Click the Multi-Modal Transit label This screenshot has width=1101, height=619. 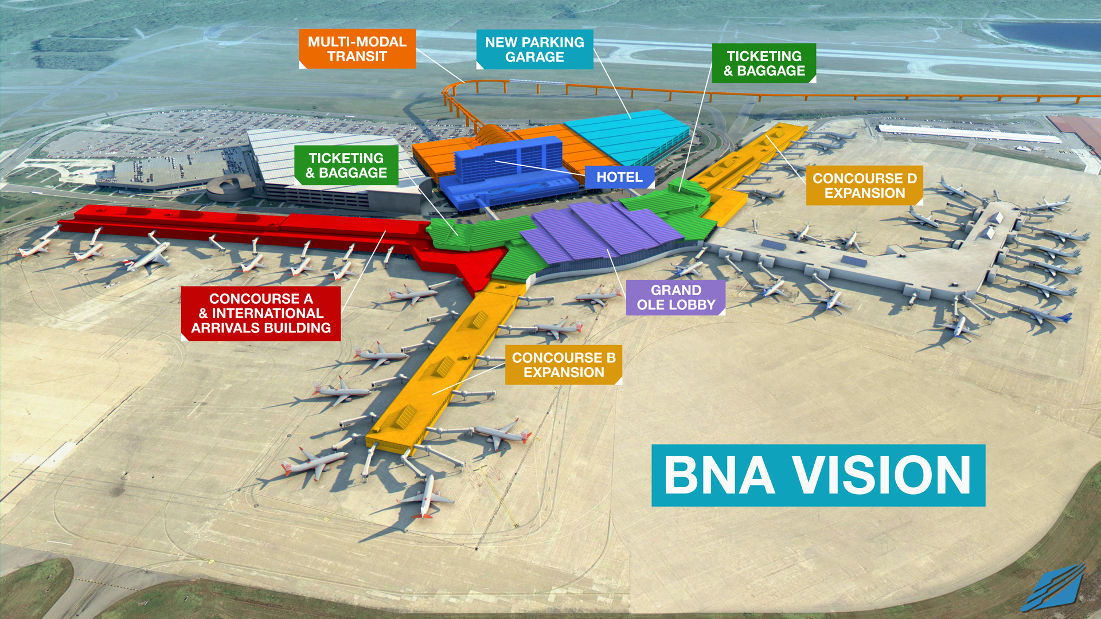tap(357, 49)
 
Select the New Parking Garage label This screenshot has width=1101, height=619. tap(534, 49)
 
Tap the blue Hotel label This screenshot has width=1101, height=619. tap(619, 177)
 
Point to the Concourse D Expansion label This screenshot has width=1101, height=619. tap(864, 186)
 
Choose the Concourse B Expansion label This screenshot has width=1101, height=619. tap(563, 365)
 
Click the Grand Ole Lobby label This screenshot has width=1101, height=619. tap(676, 297)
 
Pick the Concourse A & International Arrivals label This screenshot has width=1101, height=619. tap(261, 313)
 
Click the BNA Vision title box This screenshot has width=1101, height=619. tap(818, 475)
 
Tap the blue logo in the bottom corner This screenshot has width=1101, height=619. tap(1054, 587)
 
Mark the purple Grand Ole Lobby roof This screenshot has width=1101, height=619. tap(602, 232)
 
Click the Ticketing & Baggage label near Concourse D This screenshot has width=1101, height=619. tap(764, 63)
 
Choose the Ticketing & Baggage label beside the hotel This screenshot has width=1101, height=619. tap(346, 165)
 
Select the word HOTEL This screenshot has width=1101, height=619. tap(619, 177)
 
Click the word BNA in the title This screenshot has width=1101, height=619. tap(720, 475)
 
